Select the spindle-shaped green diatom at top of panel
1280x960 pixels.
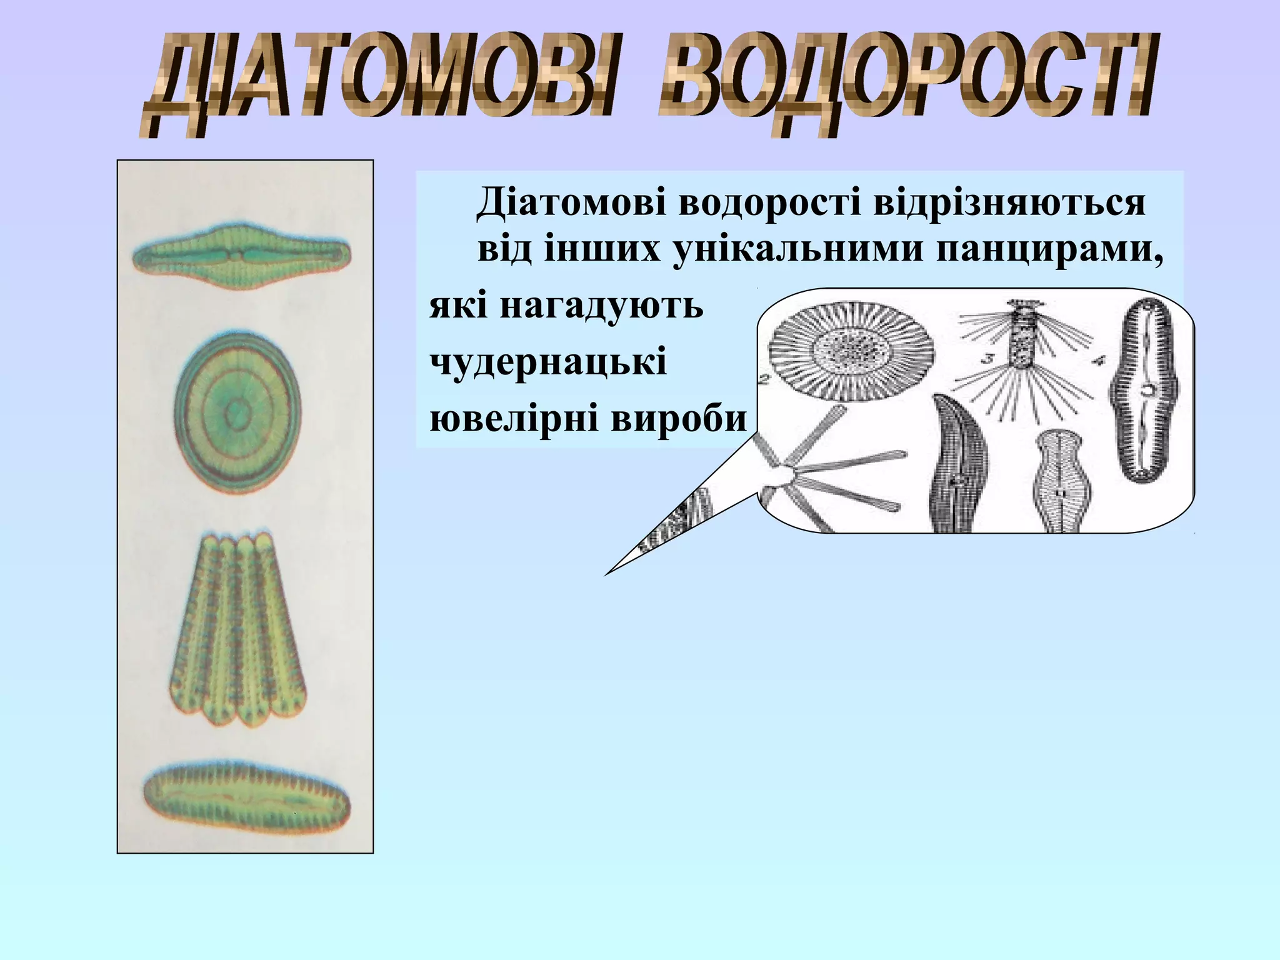tap(241, 256)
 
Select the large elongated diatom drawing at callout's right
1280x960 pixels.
tap(1143, 391)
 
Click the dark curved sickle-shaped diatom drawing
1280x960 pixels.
tap(956, 466)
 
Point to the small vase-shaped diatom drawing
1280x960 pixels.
tap(1059, 481)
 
